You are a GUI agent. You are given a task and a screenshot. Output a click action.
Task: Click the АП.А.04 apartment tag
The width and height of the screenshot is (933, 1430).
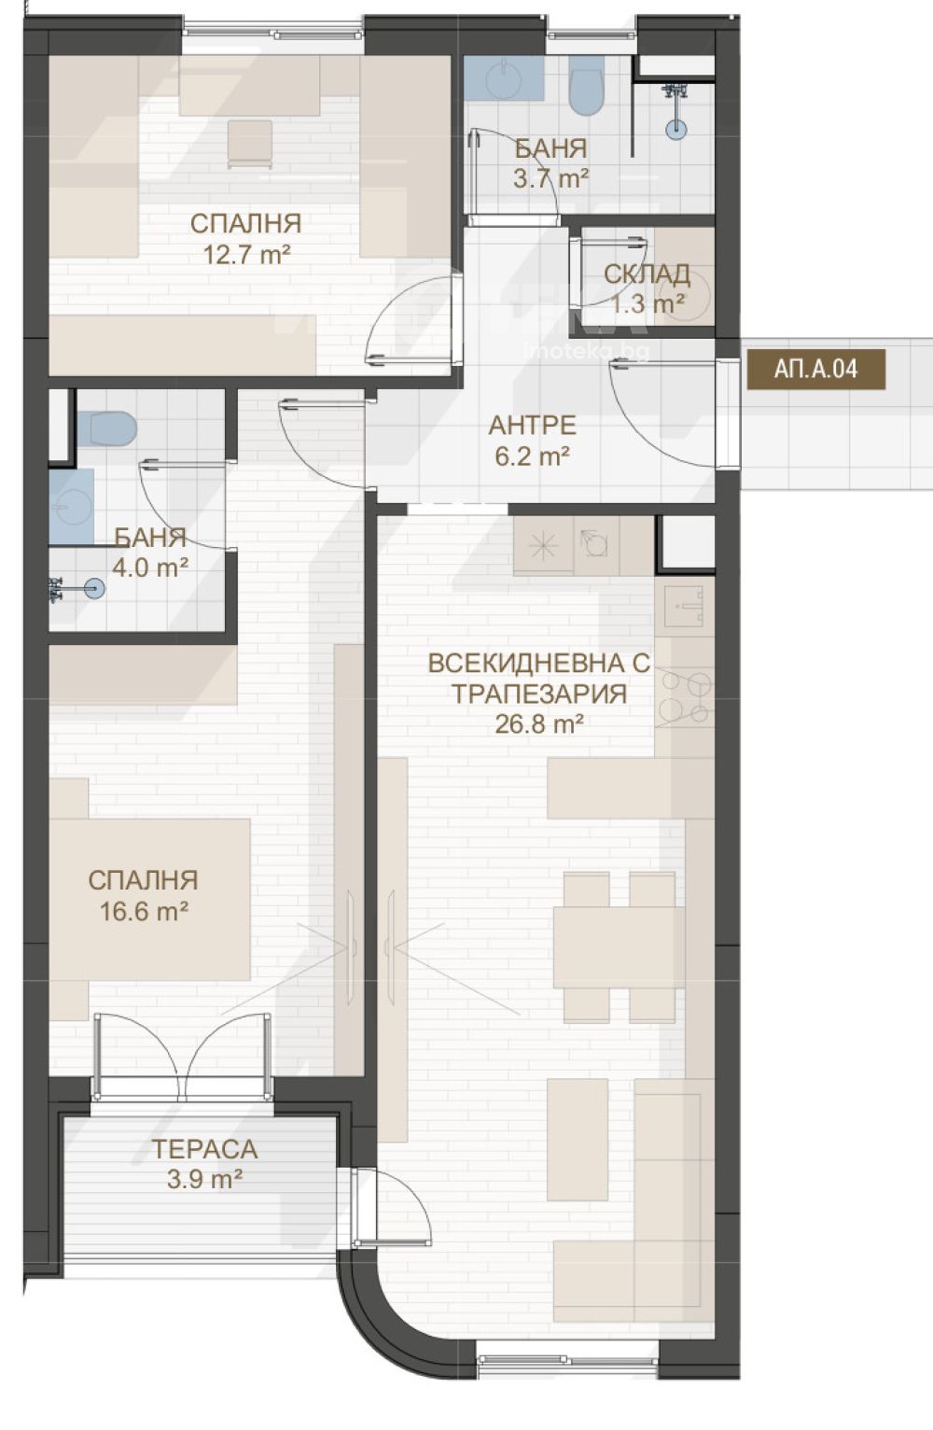click(x=816, y=369)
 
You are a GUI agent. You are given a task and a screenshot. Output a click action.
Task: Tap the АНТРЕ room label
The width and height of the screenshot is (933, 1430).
click(x=532, y=425)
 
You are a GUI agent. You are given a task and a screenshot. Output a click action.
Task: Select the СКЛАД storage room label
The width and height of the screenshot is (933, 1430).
click(x=647, y=273)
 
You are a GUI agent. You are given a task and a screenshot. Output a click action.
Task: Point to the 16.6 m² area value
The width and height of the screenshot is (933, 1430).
click(x=144, y=911)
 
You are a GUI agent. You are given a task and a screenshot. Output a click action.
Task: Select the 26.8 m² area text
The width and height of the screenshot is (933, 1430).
click(x=540, y=724)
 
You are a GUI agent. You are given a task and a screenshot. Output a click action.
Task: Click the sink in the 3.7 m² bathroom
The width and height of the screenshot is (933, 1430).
click(x=504, y=79)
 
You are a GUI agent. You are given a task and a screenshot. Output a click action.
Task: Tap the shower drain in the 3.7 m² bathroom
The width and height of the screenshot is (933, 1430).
click(x=675, y=128)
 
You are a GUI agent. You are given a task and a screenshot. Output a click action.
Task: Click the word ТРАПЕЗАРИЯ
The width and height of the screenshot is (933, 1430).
click(x=540, y=694)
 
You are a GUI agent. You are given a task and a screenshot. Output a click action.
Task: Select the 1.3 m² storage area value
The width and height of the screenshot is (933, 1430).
click(x=648, y=304)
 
